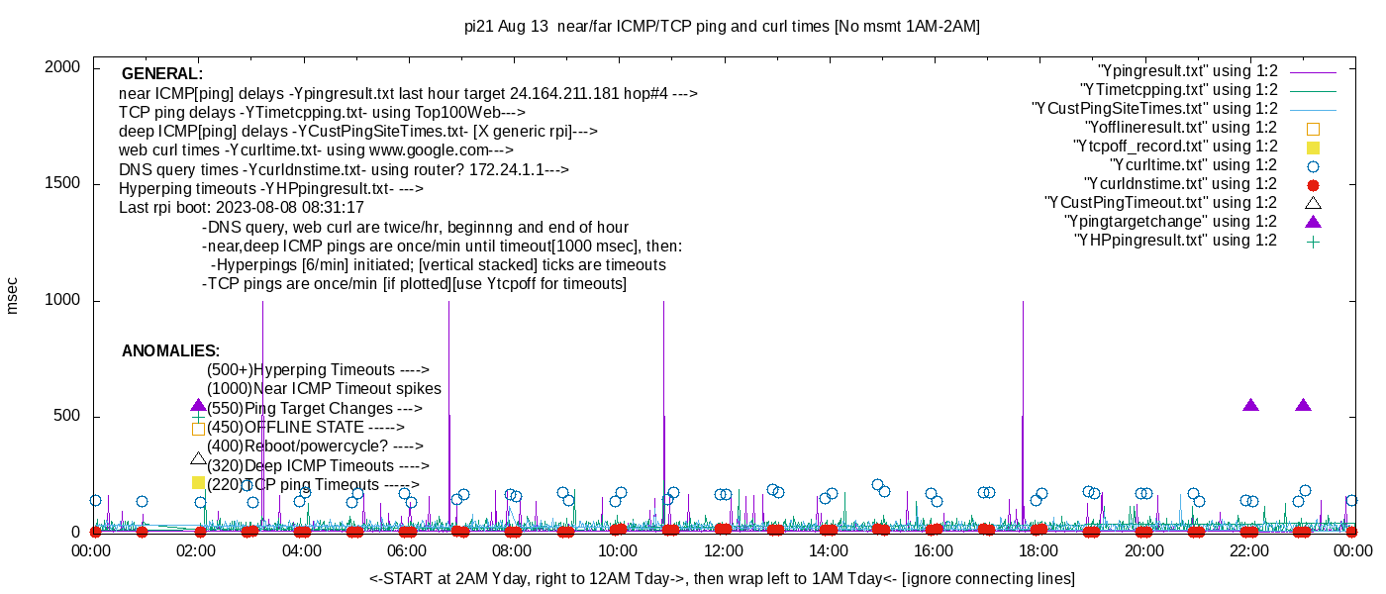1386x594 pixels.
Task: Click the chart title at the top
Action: [722, 27]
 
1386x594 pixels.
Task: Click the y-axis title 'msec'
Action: [13, 295]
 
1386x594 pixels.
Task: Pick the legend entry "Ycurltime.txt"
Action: [1193, 165]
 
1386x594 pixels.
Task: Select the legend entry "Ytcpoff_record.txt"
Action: [1175, 147]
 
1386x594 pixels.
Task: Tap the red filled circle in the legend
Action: [1314, 185]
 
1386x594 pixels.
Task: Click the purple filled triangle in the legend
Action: [1314, 222]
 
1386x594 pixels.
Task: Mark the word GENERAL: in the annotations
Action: [162, 74]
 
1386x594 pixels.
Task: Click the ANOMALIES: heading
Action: [170, 351]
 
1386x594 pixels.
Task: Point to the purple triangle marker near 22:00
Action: [1250, 405]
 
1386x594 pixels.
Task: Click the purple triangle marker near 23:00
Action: [1303, 405]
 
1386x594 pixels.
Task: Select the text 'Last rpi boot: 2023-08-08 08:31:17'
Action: [242, 208]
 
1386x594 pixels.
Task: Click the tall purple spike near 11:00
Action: [663, 396]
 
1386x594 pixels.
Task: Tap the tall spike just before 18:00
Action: [1023, 396]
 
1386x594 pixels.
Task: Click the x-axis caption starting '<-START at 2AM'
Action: [722, 578]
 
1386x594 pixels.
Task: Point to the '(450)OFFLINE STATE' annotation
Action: [306, 428]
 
